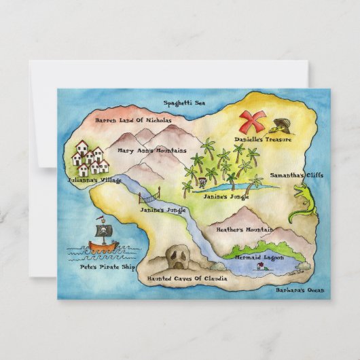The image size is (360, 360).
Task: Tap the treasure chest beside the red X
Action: pyautogui.click(x=280, y=126)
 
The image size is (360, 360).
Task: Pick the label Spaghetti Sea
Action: pyautogui.click(x=184, y=103)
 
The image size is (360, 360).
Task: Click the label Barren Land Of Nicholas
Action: pyautogui.click(x=133, y=120)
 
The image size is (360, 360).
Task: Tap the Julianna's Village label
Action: pyautogui.click(x=95, y=181)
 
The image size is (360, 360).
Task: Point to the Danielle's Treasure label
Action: pyautogui.click(x=263, y=139)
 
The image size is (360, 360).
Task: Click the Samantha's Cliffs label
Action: pyautogui.click(x=297, y=175)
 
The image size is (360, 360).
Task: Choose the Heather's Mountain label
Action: pyautogui.click(x=245, y=230)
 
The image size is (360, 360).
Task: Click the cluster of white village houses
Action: pyautogui.click(x=90, y=158)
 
